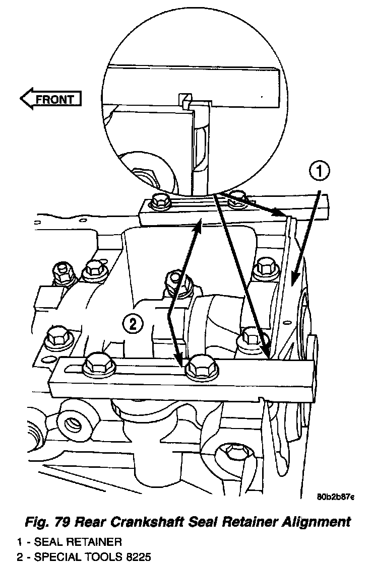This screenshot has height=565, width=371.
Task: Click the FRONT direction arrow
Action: tap(50, 99)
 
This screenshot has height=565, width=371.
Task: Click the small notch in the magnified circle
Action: tap(185, 97)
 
